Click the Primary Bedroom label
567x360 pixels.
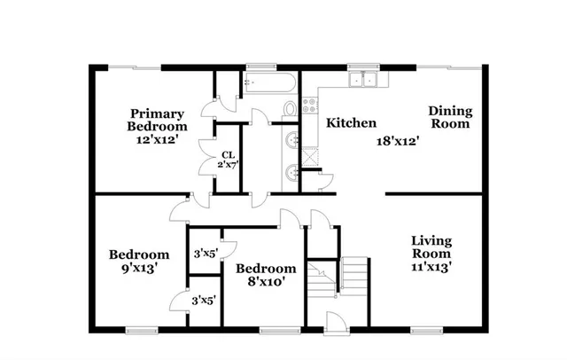point(158,119)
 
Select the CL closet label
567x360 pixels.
point(228,153)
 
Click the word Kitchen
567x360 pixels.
point(352,123)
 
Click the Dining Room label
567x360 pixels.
point(451,117)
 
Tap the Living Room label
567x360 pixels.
point(432,247)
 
